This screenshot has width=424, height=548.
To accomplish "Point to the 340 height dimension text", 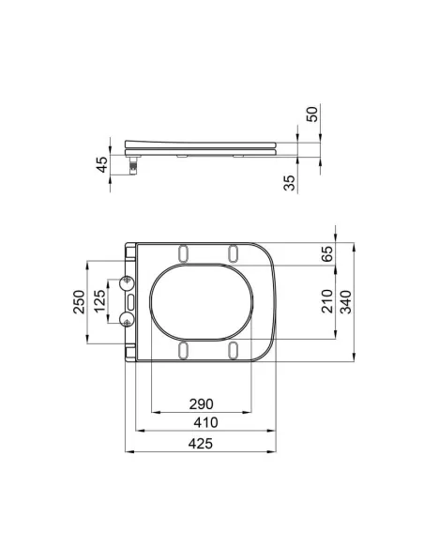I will [346, 300].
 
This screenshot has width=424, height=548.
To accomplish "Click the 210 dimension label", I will [326, 300].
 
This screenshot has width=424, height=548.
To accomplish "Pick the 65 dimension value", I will [326, 254].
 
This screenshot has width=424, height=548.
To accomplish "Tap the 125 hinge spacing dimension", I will [99, 301].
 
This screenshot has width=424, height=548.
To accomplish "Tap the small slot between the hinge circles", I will [131, 300].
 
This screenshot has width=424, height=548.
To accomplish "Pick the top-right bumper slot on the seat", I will [231, 252].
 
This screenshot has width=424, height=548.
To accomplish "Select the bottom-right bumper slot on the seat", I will [231, 349].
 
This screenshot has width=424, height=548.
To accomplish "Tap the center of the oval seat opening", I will [201, 300].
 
